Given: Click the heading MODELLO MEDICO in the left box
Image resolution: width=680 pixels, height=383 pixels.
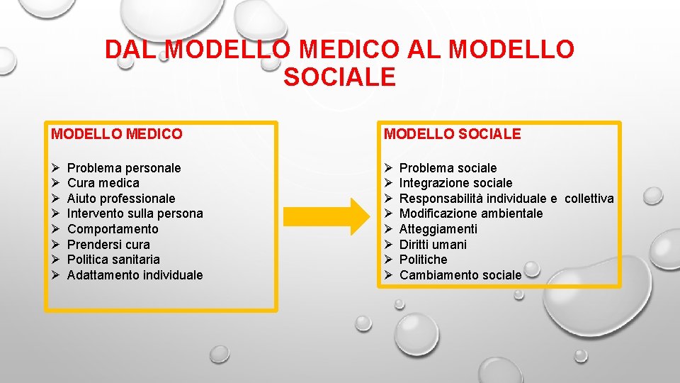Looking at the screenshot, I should click(x=117, y=133).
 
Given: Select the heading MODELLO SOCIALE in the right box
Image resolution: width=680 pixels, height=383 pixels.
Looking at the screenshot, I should click(x=452, y=133).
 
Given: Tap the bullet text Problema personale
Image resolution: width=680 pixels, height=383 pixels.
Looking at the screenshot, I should click(x=124, y=168).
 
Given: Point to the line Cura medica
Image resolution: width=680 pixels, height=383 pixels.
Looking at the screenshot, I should click(x=103, y=183).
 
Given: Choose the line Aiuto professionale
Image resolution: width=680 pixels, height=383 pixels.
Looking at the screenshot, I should click(x=120, y=199).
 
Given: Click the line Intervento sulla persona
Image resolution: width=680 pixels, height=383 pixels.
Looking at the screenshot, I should click(x=135, y=213).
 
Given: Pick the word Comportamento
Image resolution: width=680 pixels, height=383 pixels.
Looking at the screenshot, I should click(x=113, y=229).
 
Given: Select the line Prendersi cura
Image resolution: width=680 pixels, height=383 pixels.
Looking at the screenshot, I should click(x=108, y=245).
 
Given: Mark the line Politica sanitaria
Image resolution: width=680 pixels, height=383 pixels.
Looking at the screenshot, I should click(x=113, y=260).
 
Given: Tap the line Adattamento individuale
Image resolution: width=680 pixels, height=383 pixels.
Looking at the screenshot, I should click(x=135, y=275).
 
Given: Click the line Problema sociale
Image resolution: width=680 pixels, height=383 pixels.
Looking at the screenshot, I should click(x=448, y=168).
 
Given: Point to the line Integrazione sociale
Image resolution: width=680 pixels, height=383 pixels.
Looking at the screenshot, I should click(x=455, y=183).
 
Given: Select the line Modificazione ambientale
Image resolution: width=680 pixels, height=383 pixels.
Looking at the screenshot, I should click(x=471, y=213).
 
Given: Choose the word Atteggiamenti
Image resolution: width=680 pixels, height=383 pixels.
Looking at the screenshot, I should click(x=438, y=229).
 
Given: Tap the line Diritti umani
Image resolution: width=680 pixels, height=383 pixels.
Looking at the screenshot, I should click(x=433, y=245).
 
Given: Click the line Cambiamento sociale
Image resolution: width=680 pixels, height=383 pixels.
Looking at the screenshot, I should click(x=460, y=275).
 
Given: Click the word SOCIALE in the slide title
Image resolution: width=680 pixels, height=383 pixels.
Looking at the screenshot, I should click(x=339, y=77).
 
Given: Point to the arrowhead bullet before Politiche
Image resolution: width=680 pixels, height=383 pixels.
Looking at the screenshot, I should click(x=387, y=260).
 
